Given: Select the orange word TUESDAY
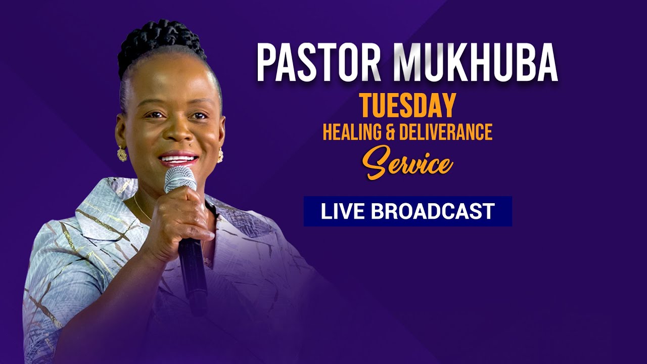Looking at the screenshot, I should point(408,106).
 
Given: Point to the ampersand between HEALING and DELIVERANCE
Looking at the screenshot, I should point(390,132).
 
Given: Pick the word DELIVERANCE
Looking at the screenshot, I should point(445,132).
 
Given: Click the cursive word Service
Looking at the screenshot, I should point(409,162).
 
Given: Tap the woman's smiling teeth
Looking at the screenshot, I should point(177,159).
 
